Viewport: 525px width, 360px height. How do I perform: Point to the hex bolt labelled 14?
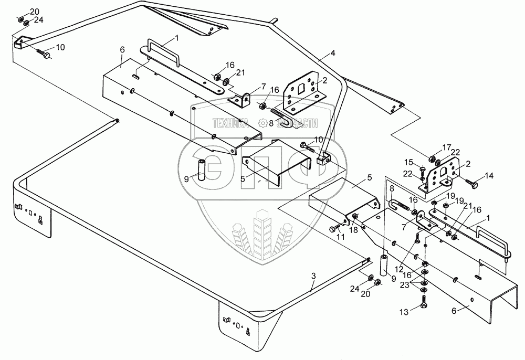click(471, 184)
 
